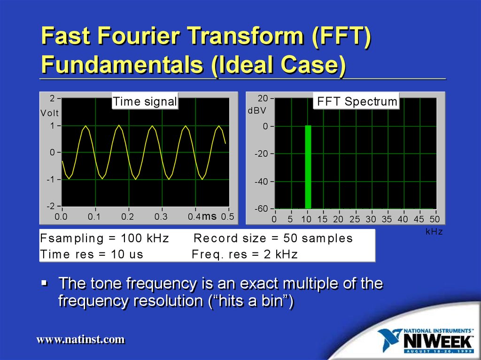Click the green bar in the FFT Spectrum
pos(308,167)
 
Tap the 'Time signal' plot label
pos(145,101)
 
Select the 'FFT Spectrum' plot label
pos(357,101)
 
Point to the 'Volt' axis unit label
pos(49,113)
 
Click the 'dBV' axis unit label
pos(256,111)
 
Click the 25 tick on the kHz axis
pos(355,219)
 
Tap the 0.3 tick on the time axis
pos(161,217)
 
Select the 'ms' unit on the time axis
pos(209,216)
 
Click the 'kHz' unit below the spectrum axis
pos(434,232)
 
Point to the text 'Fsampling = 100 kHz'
pos(104,238)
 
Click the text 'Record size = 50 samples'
pos(273,238)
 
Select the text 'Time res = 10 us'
pos(92,254)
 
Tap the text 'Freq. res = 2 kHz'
pos(245,254)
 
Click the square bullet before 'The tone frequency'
pos(44,283)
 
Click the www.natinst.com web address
pos(81,339)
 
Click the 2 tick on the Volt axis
pos(52,99)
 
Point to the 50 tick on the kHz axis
pos(434,219)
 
